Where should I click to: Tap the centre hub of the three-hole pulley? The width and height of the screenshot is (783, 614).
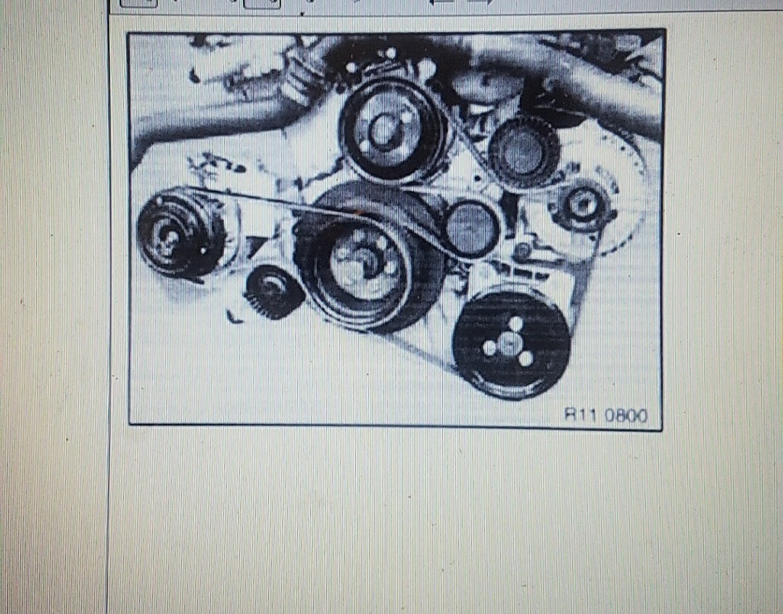coord(509,344)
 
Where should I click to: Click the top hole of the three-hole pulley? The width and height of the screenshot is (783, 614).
coord(515,324)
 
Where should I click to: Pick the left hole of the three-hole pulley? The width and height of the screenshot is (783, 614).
coord(489,348)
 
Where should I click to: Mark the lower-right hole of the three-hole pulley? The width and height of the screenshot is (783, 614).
coord(526,358)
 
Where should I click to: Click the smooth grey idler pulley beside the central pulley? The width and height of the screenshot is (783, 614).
coord(471,228)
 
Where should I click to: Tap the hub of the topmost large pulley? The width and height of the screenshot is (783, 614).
coord(384,131)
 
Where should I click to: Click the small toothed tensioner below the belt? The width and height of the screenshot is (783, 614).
coord(274,292)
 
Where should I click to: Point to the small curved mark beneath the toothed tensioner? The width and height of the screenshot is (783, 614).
coord(233,317)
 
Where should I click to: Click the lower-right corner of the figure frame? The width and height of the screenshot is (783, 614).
coord(661,429)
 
